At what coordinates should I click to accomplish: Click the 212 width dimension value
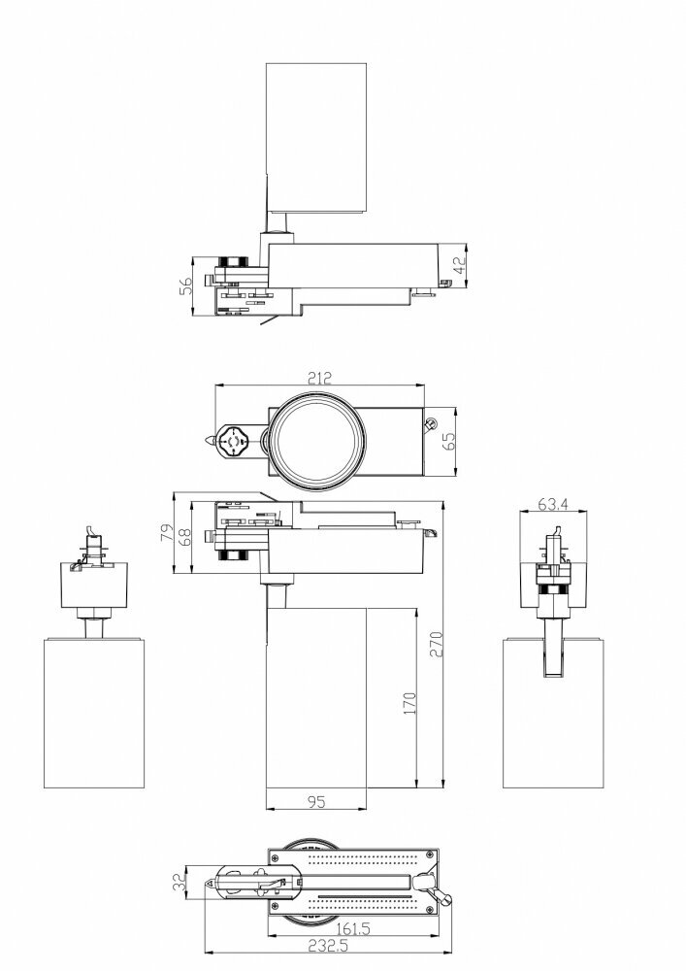[x=320, y=378]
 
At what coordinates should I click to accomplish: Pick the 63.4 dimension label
[x=553, y=503]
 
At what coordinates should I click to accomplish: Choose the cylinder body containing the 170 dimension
[x=316, y=699]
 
